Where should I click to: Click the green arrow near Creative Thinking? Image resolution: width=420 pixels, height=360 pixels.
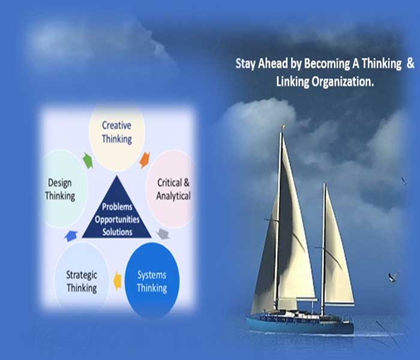(x=88, y=160)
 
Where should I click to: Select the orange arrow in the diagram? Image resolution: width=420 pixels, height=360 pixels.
(x=145, y=160)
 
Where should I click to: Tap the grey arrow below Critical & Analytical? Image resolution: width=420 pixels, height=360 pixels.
(x=163, y=233)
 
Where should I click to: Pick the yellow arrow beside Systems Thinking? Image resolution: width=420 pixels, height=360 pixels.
(x=118, y=281)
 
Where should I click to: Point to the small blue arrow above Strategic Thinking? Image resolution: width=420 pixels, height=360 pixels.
(x=71, y=236)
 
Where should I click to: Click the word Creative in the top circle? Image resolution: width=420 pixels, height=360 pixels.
(x=116, y=125)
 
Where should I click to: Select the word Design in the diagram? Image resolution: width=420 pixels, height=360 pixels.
(x=60, y=183)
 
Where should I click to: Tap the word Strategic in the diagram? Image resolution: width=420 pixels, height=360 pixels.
(x=82, y=275)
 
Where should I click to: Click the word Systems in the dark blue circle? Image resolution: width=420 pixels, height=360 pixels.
(x=152, y=275)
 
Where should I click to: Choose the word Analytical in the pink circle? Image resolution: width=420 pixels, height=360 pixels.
(x=173, y=196)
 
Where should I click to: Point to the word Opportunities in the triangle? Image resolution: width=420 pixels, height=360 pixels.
(x=117, y=220)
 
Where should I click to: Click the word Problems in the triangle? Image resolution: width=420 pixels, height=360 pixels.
(x=117, y=207)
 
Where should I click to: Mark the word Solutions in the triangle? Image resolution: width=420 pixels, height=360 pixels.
(x=118, y=232)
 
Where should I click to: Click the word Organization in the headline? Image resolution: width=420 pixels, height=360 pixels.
(x=343, y=82)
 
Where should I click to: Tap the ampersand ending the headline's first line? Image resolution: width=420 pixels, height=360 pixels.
(x=410, y=63)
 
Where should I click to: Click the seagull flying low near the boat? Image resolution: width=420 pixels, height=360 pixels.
(x=393, y=277)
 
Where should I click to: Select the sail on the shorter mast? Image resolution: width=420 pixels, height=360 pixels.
(x=338, y=254)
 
